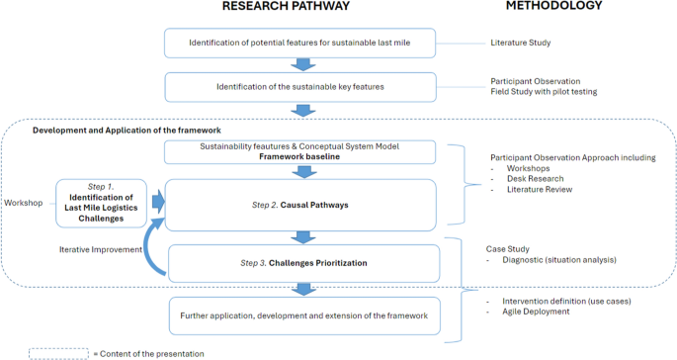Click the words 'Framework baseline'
pyautogui.click(x=301, y=157)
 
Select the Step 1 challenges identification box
pyautogui.click(x=101, y=201)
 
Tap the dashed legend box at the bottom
pyautogui.click(x=58, y=352)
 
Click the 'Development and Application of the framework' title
pyautogui.click(x=127, y=131)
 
